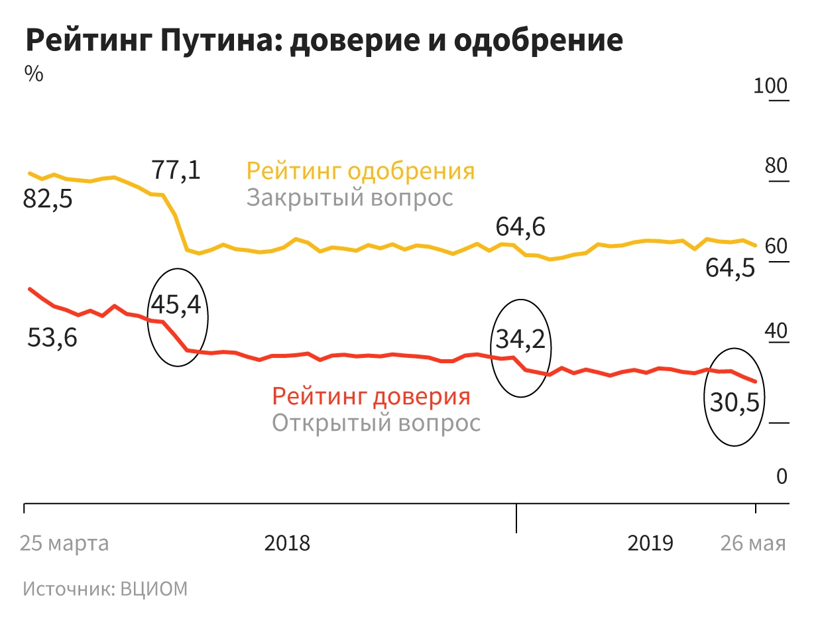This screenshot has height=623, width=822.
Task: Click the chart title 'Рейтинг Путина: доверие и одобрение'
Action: (x=324, y=41)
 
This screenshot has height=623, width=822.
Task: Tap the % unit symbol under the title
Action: (x=34, y=74)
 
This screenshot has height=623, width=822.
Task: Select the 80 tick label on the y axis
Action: (x=776, y=166)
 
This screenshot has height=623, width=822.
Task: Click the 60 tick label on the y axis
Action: (x=776, y=247)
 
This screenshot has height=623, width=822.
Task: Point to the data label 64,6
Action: (x=520, y=227)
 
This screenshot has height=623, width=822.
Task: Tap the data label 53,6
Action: (x=52, y=339)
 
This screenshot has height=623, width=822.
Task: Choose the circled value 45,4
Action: (x=176, y=304)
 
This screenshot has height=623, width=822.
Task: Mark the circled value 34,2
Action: (x=520, y=339)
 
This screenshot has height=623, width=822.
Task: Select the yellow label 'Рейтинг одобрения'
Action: (x=361, y=170)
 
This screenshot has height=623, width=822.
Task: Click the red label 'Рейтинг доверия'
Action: (x=371, y=396)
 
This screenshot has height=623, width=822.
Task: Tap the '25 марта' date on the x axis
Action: (x=64, y=543)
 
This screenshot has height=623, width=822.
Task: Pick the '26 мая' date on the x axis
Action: (x=753, y=543)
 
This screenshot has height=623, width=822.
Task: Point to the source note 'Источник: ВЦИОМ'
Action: (x=105, y=589)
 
